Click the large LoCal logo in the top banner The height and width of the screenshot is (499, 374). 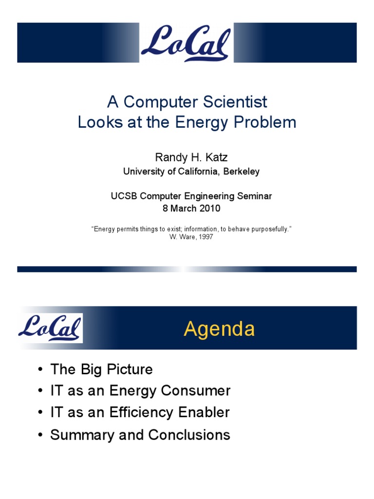186,43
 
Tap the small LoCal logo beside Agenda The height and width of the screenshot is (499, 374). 50,328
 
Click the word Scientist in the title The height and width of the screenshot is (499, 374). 235,102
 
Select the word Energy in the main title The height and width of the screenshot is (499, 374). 202,122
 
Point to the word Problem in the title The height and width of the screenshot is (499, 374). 265,122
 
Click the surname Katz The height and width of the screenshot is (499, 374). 216,157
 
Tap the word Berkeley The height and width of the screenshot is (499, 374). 242,172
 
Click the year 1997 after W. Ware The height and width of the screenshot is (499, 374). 206,237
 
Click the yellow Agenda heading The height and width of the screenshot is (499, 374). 219,329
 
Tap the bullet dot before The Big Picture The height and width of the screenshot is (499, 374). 40,370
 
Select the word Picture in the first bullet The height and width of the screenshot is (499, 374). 130,369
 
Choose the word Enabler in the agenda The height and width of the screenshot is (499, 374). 204,412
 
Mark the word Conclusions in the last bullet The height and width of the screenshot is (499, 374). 189,435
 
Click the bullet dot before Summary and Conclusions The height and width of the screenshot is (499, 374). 40,435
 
